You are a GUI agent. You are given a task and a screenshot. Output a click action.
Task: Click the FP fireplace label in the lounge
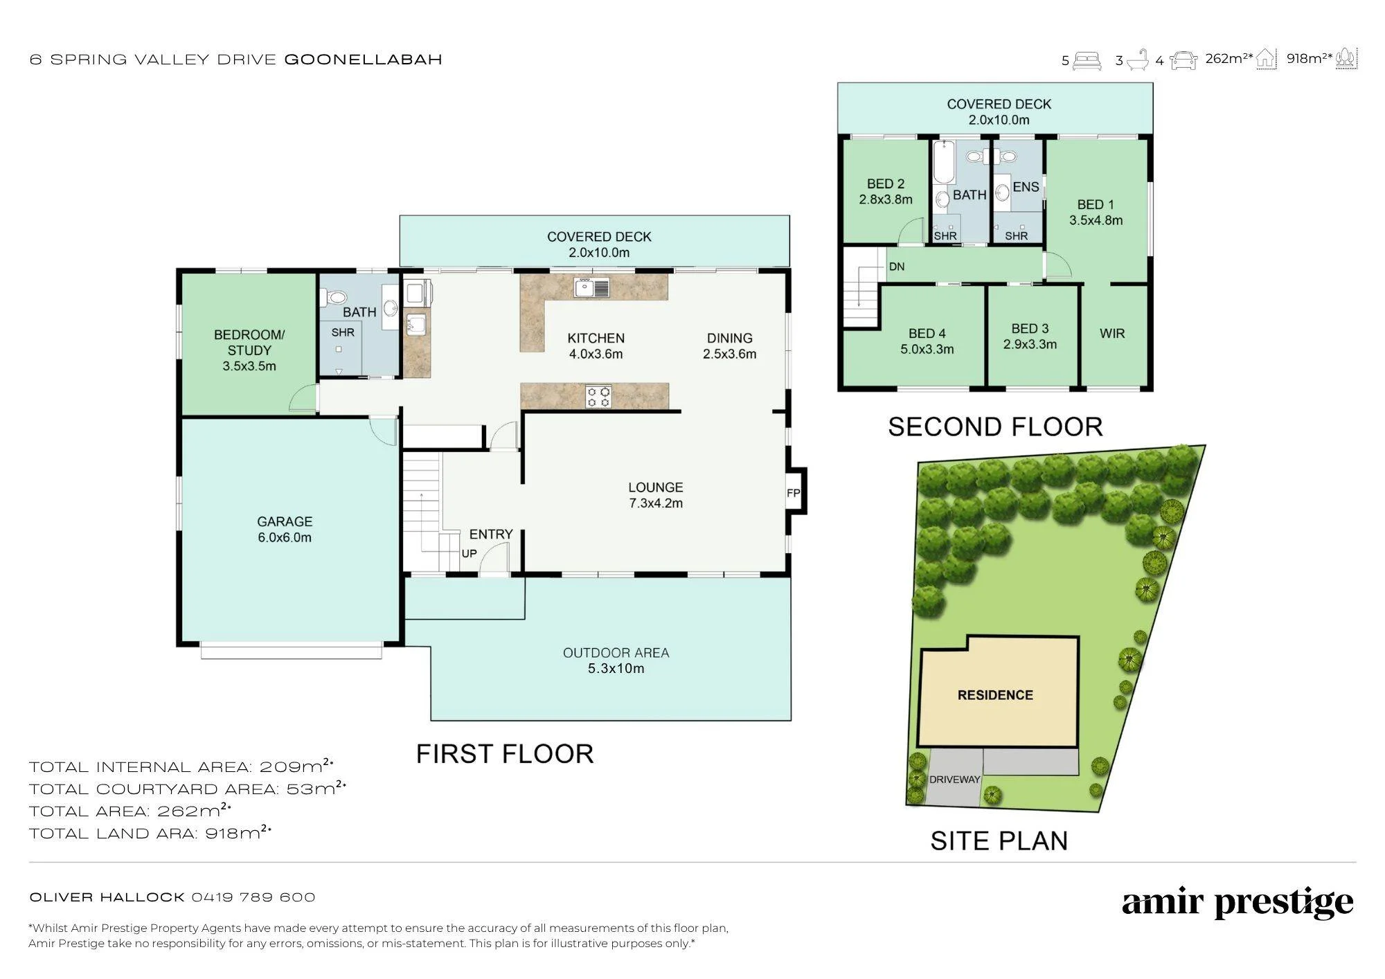[794, 494]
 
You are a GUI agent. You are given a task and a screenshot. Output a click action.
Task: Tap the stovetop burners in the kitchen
[598, 397]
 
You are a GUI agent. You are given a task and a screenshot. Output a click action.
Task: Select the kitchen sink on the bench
[591, 287]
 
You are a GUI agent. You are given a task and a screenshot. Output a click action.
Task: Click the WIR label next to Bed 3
[1112, 334]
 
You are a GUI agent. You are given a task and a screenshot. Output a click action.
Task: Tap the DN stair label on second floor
[897, 267]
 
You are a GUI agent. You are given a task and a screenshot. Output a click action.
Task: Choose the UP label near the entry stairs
[469, 554]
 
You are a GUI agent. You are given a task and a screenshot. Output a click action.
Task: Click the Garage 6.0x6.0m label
[285, 530]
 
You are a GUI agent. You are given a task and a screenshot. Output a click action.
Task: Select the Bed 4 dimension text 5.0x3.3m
[927, 350]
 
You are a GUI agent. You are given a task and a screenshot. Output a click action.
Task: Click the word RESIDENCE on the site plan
[995, 695]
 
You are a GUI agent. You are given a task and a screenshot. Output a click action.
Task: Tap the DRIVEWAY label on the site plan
[954, 780]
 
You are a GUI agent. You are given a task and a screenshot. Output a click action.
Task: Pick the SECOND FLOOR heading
[995, 427]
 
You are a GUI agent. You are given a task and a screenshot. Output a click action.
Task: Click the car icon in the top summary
[1183, 61]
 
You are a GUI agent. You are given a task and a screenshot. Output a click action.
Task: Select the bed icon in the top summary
[1087, 61]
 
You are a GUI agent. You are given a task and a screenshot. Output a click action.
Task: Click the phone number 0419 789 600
[253, 897]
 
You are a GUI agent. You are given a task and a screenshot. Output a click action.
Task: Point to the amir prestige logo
[1237, 902]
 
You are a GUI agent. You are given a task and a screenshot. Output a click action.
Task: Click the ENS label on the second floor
[1026, 187]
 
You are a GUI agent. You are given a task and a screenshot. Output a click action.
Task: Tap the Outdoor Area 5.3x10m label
[616, 661]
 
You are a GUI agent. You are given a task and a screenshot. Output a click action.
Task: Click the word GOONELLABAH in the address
[364, 60]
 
